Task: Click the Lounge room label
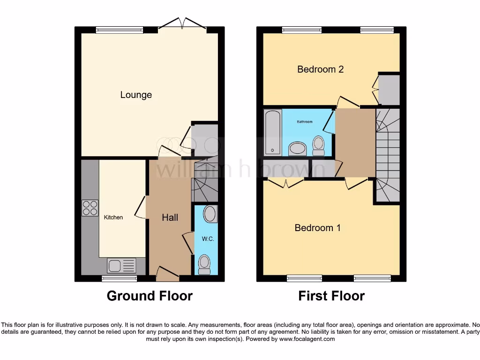[x=136, y=95]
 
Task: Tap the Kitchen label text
[x=113, y=217]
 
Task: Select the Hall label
[x=170, y=217]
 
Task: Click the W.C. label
[x=208, y=239]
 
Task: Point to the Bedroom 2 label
[x=321, y=69]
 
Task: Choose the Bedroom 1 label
[x=317, y=228]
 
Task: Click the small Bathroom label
[x=305, y=122]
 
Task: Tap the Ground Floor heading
[x=150, y=296]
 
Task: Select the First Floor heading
[x=331, y=296]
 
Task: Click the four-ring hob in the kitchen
[x=90, y=208]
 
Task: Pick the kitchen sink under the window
[x=121, y=265]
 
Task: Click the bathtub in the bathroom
[x=272, y=133]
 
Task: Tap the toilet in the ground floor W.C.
[x=204, y=264]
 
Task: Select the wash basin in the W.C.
[x=210, y=214]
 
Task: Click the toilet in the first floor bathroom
[x=319, y=146]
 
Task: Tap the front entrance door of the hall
[x=167, y=274]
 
